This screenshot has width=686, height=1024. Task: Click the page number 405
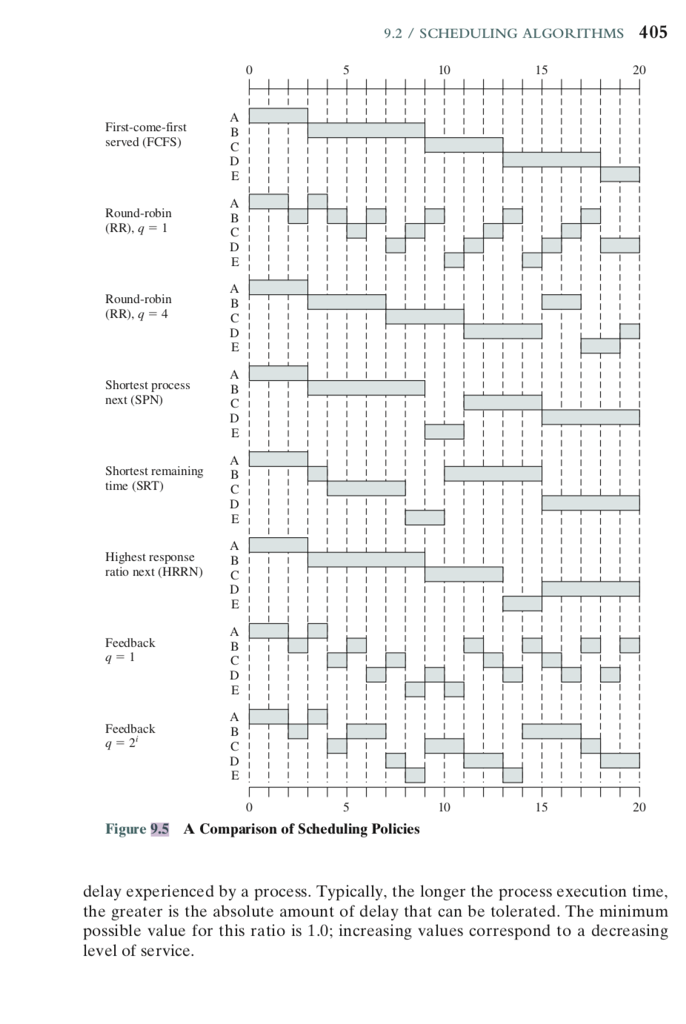653,32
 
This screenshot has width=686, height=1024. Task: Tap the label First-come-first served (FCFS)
146,135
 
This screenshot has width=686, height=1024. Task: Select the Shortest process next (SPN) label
147,393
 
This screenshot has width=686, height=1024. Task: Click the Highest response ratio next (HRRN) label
153,565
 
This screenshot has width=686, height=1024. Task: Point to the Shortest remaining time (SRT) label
154,479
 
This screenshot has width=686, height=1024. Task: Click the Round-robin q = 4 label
138,307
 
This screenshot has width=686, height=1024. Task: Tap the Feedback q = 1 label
130,651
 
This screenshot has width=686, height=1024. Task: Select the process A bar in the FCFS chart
278,116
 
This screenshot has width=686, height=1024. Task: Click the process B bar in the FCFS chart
366,130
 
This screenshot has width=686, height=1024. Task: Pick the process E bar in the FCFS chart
619,175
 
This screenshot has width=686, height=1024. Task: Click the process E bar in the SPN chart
444,431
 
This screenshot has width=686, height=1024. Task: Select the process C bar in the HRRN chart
464,574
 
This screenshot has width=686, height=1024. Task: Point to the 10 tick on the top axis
444,70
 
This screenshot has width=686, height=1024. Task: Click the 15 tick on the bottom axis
542,807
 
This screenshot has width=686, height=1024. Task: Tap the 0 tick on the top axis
249,70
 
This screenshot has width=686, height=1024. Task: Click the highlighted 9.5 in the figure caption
160,829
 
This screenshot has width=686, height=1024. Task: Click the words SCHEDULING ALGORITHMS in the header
522,33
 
